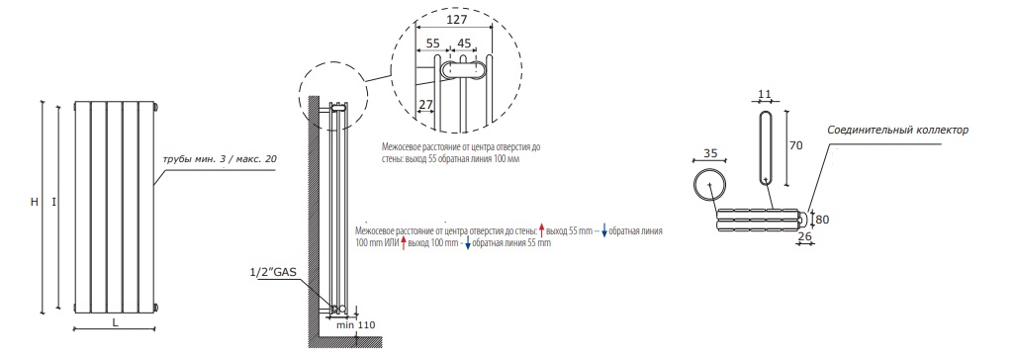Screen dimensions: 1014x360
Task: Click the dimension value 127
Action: click(x=456, y=20)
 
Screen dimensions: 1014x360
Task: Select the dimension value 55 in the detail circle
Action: click(x=432, y=44)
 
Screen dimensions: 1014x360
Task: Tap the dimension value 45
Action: click(x=464, y=44)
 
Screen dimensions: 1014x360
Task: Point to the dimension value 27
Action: click(x=425, y=104)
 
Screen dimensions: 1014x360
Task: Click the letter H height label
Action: click(x=35, y=203)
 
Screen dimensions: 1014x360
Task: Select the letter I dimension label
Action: click(x=54, y=203)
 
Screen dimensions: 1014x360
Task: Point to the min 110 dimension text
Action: click(x=356, y=324)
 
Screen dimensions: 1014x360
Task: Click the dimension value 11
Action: click(x=765, y=94)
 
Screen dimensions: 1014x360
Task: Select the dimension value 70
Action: click(x=795, y=145)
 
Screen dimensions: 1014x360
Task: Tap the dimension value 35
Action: click(x=709, y=154)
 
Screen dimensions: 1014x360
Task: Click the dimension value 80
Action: click(x=822, y=220)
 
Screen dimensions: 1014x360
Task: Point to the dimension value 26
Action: click(x=805, y=236)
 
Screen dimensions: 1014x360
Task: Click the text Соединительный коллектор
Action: click(x=897, y=130)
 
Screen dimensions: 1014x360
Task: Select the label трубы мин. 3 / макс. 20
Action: click(x=221, y=158)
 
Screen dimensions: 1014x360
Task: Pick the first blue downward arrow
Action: click(x=604, y=230)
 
